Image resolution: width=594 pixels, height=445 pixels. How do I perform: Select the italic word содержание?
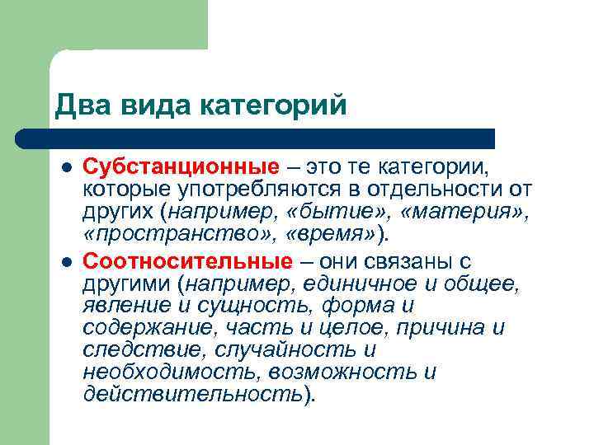pyautogui.click(x=144, y=329)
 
